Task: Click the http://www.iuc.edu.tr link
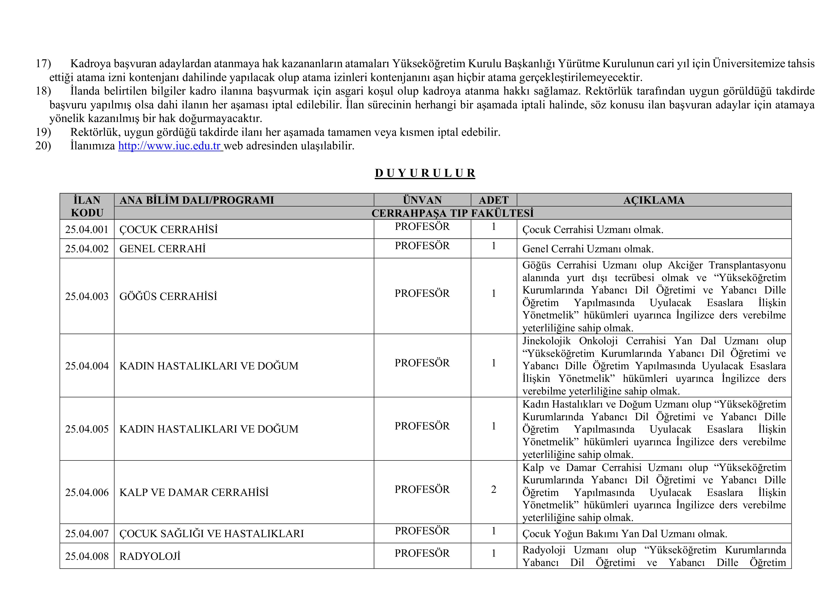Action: (170, 146)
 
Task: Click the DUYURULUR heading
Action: (425, 173)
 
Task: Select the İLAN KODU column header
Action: (87, 206)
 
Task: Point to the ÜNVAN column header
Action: (422, 200)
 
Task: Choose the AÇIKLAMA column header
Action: (654, 200)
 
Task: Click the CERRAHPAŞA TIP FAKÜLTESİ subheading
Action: (452, 213)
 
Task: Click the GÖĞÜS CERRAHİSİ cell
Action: (168, 296)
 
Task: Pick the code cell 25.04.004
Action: (87, 366)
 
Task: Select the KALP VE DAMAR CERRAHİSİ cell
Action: (194, 492)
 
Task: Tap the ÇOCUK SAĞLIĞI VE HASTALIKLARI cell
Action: (212, 534)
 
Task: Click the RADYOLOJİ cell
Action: (150, 556)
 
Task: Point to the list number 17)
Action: (43, 64)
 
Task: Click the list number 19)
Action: (43, 132)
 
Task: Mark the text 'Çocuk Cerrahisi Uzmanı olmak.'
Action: (593, 230)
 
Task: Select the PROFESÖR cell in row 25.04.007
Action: (422, 531)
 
